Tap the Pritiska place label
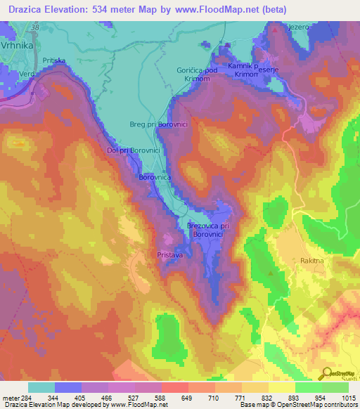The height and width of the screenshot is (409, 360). click(54, 61)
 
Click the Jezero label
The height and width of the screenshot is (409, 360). click(299, 27)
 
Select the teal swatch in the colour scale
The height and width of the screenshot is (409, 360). click(41, 387)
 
